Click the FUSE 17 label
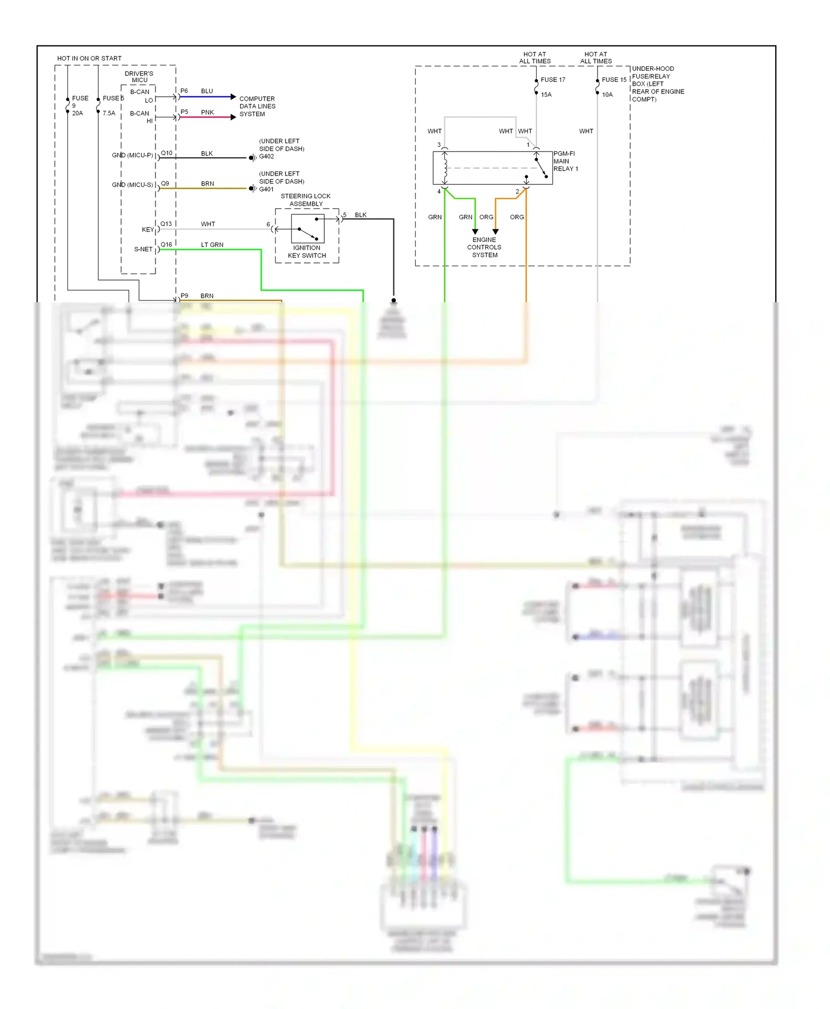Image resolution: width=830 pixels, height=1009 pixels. [553, 80]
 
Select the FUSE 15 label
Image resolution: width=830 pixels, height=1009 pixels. [614, 80]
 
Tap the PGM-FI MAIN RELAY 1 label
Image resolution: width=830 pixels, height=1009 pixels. [566, 161]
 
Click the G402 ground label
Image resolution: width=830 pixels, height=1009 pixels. [267, 157]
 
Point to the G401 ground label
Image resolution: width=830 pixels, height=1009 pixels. [267, 189]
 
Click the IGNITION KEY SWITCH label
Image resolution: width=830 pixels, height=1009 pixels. [307, 252]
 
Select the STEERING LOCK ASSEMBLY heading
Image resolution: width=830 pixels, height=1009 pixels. [305, 200]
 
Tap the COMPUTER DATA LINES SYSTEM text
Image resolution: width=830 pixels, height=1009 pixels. [257, 106]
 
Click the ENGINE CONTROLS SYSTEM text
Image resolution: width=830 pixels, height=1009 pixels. [484, 247]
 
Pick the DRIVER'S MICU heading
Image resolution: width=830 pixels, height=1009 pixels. [139, 76]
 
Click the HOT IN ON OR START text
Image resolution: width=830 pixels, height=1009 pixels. [89, 58]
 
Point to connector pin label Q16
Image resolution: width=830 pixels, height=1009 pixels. [166, 244]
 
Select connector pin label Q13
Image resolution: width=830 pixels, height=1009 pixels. [166, 224]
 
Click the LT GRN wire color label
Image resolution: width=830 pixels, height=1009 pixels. [212, 245]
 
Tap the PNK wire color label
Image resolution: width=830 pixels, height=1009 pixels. [207, 112]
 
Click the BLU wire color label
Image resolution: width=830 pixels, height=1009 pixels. [207, 91]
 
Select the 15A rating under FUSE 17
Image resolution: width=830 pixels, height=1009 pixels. [546, 95]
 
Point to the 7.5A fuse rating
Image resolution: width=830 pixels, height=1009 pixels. [109, 113]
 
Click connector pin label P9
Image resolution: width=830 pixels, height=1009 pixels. [184, 296]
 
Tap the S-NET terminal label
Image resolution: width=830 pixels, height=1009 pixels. [143, 249]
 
